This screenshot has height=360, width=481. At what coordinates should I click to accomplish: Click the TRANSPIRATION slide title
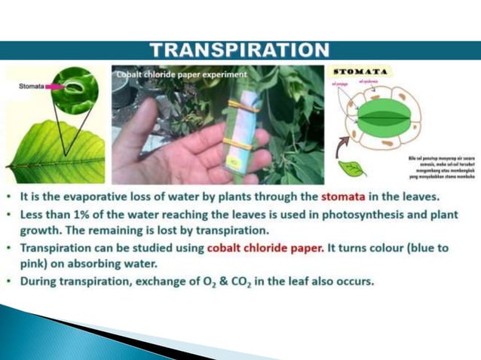pos(240,50)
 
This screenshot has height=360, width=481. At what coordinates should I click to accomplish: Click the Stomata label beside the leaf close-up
pos(32,87)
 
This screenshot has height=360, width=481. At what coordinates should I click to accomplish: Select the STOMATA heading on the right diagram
pos(360,72)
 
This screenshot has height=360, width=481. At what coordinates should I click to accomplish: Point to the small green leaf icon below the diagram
pos(351,168)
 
